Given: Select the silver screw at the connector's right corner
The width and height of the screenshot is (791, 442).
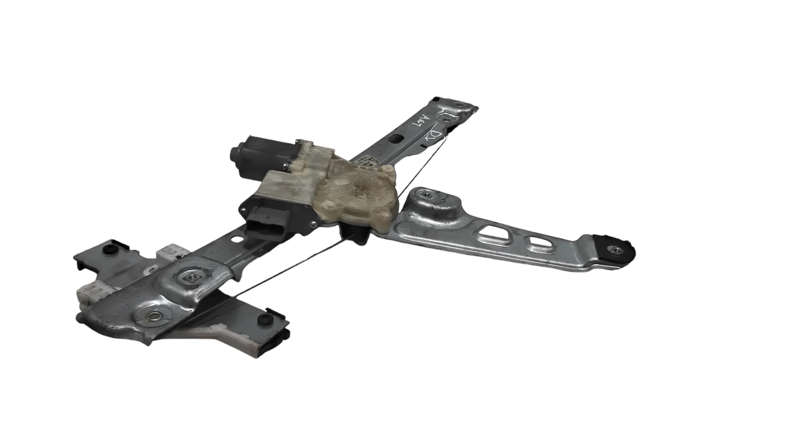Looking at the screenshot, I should tap(312, 225).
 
